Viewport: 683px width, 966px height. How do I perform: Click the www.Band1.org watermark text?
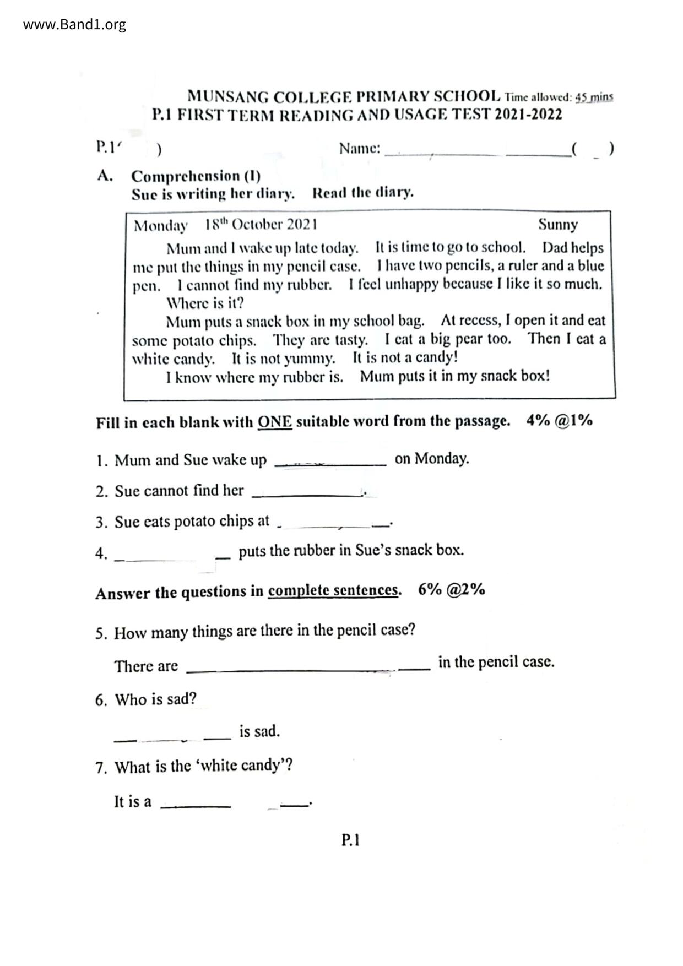[x=74, y=24]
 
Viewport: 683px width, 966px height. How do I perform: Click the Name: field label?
[x=360, y=148]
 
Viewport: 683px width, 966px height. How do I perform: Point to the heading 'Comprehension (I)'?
[x=196, y=176]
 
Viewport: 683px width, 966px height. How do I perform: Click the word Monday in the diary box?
[x=160, y=226]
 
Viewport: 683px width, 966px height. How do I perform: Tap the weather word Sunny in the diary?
[x=557, y=225]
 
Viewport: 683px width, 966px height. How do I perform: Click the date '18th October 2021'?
[x=261, y=225]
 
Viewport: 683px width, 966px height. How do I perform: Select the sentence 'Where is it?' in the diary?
[x=204, y=303]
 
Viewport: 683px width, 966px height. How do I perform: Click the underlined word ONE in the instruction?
[x=274, y=422]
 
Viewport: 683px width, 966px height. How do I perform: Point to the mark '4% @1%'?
[x=559, y=421]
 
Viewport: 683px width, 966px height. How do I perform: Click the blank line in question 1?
[x=330, y=464]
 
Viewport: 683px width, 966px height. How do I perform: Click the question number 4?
[x=101, y=553]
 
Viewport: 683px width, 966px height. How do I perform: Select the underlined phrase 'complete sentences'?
[x=333, y=590]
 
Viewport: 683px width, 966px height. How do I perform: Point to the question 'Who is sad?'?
[x=155, y=699]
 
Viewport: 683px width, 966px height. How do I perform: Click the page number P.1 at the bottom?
[x=350, y=840]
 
